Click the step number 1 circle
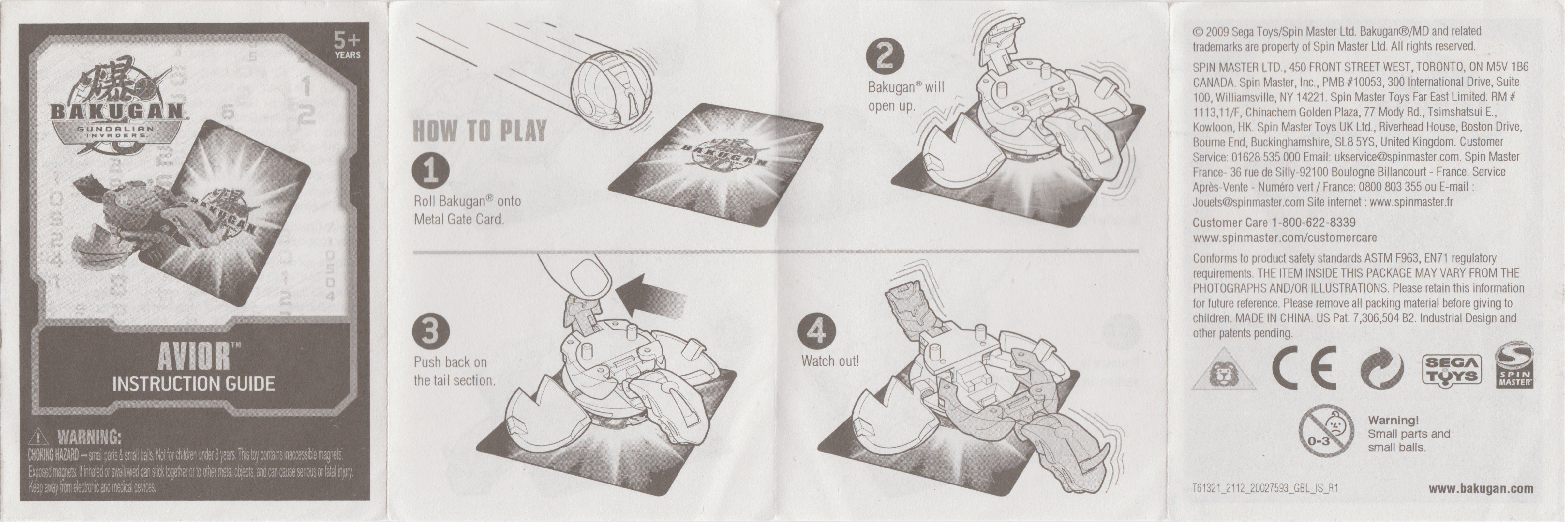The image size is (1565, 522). (431, 171)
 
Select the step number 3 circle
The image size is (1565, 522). (431, 332)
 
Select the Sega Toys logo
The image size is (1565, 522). (1452, 369)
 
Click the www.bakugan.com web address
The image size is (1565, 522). (1481, 489)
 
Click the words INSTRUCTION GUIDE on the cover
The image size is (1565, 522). (193, 383)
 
